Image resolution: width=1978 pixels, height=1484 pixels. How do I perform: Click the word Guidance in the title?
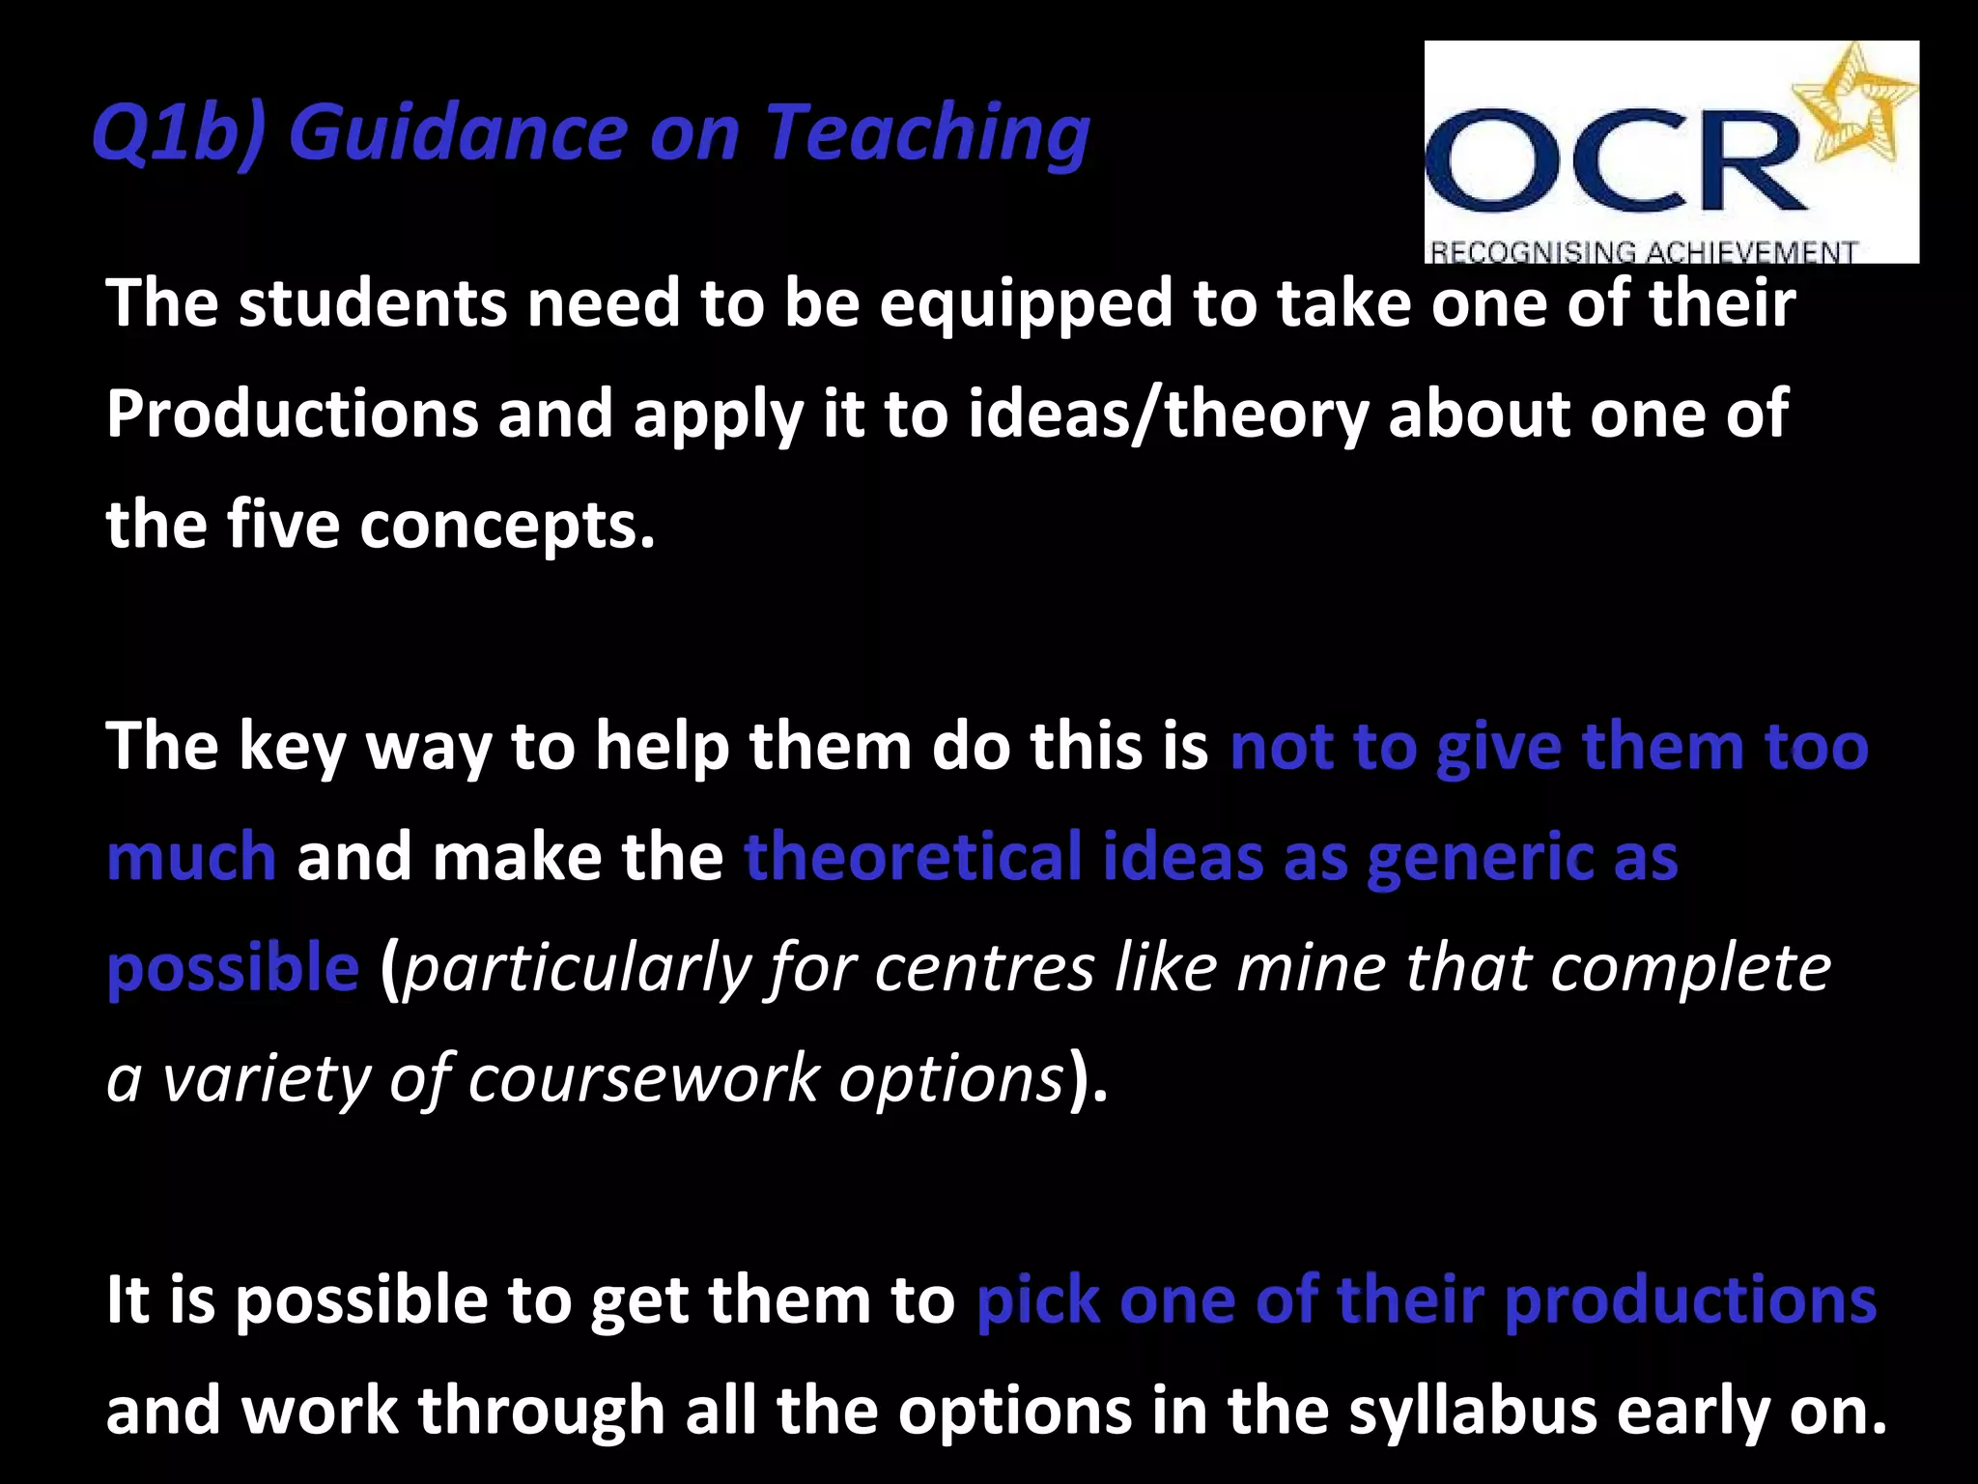coord(459,132)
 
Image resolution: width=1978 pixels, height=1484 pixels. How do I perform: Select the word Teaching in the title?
coord(927,132)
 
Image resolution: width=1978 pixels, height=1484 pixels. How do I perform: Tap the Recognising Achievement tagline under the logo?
coord(1642,252)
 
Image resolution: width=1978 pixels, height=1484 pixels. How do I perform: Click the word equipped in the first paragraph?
coord(1026,303)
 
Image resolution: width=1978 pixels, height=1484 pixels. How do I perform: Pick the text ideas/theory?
coord(1169,414)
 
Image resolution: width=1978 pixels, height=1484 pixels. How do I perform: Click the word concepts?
coord(507,525)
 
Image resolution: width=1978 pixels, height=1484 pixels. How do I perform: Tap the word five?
coord(283,525)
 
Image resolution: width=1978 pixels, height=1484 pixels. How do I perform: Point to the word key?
coord(292,747)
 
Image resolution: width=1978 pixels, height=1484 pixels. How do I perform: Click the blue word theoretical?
coord(913,857)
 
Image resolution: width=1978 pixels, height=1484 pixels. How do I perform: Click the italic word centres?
coord(984,968)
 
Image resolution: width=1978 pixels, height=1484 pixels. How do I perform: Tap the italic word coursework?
coord(643,1078)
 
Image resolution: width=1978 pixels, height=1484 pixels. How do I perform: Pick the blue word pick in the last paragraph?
coord(1037,1300)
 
